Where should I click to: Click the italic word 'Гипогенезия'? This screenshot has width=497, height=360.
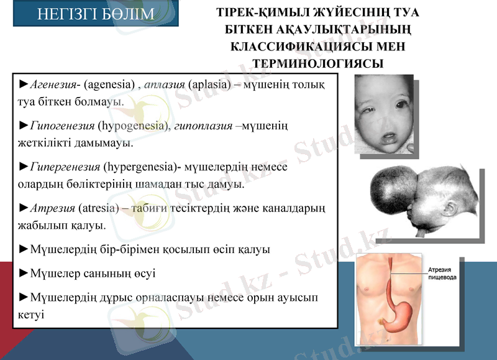click(62, 126)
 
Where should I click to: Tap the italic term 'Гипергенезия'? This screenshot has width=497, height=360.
click(65, 167)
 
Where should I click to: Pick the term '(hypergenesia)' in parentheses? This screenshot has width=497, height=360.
click(140, 167)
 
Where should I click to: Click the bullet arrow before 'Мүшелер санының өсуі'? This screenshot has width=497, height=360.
click(24, 272)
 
